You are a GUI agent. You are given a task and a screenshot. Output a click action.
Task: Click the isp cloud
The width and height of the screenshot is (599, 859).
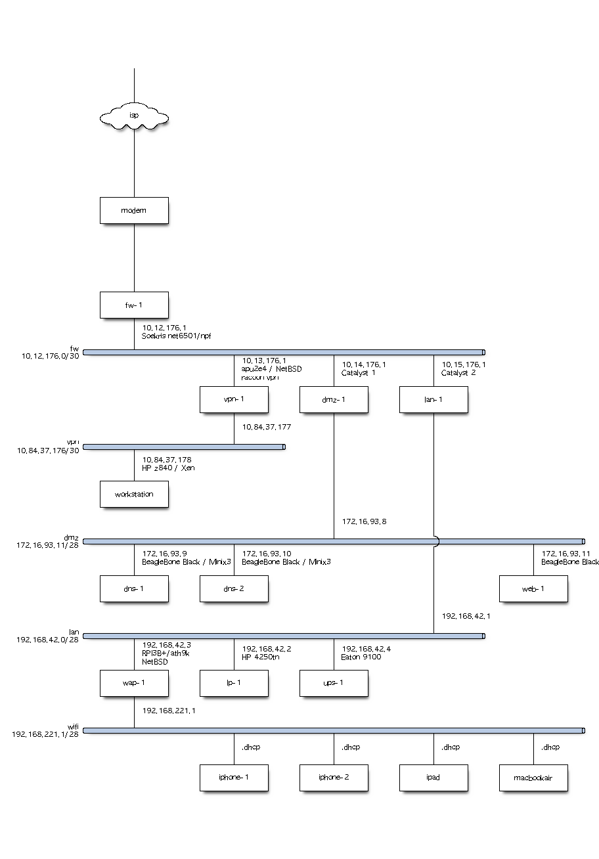134,117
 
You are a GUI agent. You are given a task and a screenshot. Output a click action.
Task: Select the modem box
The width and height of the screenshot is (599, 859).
134,211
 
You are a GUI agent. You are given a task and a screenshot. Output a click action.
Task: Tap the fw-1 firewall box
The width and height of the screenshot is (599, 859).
134,305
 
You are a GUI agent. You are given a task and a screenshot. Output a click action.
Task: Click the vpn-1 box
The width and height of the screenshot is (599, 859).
234,400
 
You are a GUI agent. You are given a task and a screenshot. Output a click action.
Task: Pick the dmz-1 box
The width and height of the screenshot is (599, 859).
334,400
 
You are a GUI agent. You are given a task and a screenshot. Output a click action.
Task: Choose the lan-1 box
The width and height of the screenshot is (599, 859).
433,400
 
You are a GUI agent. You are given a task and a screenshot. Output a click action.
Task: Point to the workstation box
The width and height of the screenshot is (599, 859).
134,495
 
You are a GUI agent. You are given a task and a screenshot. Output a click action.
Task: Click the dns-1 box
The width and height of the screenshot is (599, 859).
134,589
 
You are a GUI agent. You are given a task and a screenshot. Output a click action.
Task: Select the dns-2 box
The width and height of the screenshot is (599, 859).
234,589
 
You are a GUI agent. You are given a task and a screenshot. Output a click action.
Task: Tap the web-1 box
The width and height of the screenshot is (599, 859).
533,589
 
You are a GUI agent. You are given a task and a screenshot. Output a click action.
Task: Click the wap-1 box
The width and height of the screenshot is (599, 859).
134,684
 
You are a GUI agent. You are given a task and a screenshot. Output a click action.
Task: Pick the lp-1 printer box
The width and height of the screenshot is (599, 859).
234,684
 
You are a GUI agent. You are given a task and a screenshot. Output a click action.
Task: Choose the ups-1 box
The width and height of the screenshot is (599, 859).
334,684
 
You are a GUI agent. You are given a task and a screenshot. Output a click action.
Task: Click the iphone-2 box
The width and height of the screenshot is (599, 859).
334,778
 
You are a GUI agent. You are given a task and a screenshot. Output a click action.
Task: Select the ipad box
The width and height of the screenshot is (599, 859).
433,778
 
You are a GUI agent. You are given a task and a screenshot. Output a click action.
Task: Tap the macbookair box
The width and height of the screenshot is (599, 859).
533,778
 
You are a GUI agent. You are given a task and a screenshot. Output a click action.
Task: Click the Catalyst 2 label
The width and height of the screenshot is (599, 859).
458,373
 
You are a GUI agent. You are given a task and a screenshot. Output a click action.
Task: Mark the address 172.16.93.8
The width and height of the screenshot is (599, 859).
364,522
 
